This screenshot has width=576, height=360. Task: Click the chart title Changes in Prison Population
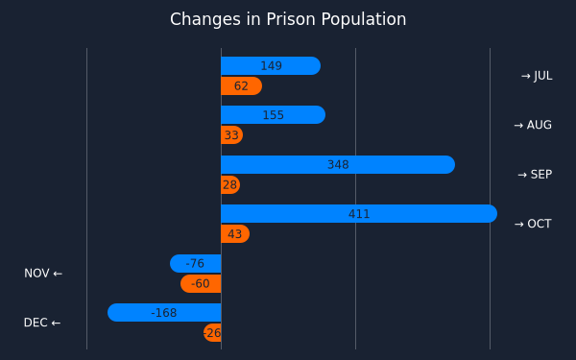(288, 19)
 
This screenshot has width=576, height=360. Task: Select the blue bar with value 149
(271, 65)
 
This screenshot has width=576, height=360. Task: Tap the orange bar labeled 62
(241, 86)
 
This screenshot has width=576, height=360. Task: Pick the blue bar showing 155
(274, 114)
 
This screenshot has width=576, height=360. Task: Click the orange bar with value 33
(231, 134)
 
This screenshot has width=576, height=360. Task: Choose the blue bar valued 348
(338, 164)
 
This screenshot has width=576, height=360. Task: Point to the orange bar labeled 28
(230, 184)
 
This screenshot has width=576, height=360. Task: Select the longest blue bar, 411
(359, 213)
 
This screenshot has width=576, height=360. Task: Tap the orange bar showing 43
(235, 233)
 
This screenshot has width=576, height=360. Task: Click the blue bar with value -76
(196, 263)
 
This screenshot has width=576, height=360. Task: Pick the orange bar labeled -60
(201, 283)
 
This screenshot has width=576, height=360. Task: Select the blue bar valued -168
(164, 313)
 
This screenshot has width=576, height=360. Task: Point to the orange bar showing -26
(212, 333)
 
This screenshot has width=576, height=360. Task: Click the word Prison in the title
(291, 19)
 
